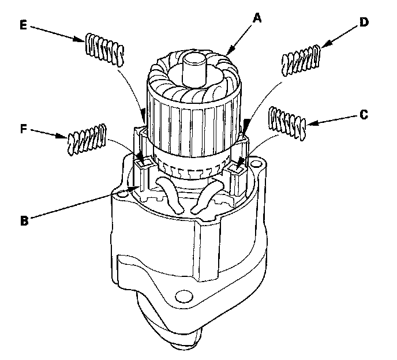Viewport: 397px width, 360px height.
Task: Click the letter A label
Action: point(259,17)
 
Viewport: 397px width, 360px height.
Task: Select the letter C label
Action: point(364,115)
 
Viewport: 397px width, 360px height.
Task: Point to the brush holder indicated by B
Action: point(141,179)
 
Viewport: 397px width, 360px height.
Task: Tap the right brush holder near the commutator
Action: point(238,173)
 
